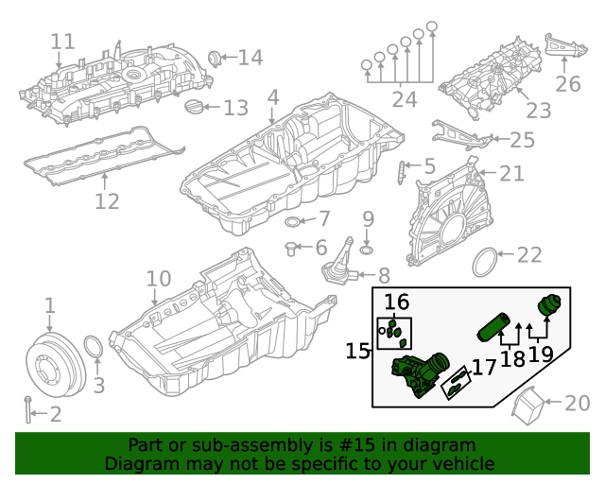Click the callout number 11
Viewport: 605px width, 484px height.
62,42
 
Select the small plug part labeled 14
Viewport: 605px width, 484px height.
214,60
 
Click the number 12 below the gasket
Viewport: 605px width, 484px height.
107,201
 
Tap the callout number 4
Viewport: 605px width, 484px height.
273,97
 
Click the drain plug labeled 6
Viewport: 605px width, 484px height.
292,249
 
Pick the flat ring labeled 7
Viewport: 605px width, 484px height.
295,222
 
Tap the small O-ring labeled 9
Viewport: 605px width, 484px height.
367,250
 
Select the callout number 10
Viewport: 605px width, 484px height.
159,279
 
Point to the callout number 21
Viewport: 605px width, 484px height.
511,174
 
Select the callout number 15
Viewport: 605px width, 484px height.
357,352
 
